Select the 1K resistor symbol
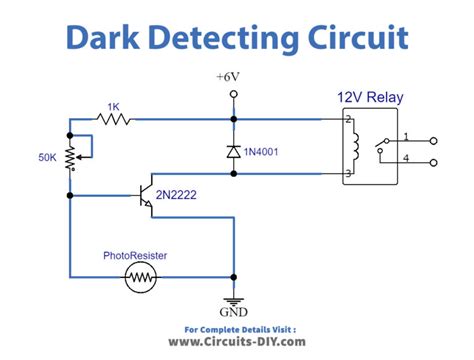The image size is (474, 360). point(113,117)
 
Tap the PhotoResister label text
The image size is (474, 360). point(134,255)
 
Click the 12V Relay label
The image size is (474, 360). point(369,97)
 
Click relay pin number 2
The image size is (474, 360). point(348,120)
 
